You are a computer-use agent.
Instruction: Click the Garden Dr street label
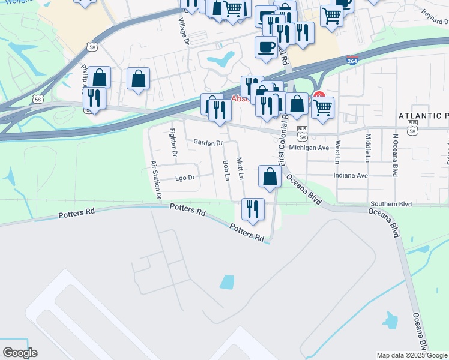click(x=208, y=143)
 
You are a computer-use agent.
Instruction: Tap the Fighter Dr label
click(x=173, y=142)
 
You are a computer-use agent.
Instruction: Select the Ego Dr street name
click(x=185, y=178)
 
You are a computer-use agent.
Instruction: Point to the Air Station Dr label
click(x=156, y=179)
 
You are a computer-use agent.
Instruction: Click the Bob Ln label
click(x=226, y=170)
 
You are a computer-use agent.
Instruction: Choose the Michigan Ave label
click(x=309, y=148)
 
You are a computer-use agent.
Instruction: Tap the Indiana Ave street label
click(x=354, y=176)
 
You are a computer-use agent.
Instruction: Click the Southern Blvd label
click(x=391, y=204)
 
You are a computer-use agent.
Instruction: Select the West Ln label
click(x=338, y=151)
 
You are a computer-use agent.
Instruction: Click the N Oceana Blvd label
click(x=395, y=154)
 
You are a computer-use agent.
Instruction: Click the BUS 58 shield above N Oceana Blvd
click(x=412, y=127)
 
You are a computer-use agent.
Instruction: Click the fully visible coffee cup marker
click(x=266, y=46)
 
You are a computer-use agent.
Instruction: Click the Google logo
click(x=20, y=353)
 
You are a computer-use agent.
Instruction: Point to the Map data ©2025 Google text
click(x=412, y=355)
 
